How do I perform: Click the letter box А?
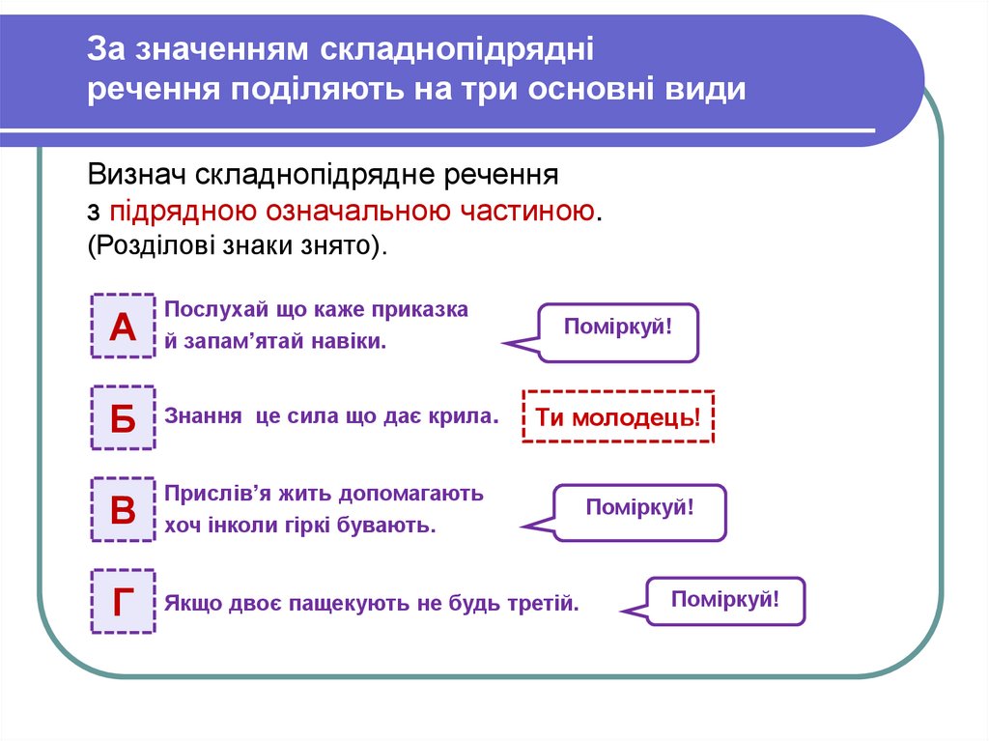[123, 327]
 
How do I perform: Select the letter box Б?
[123, 418]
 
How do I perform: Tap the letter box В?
[123, 509]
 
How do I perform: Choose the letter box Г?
[123, 601]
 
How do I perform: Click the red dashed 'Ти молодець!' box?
[618, 416]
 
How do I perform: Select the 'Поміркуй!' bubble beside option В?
[640, 512]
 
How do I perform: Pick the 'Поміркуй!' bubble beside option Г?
[724, 601]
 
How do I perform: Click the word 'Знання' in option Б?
[203, 417]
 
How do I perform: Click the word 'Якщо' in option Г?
[193, 605]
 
